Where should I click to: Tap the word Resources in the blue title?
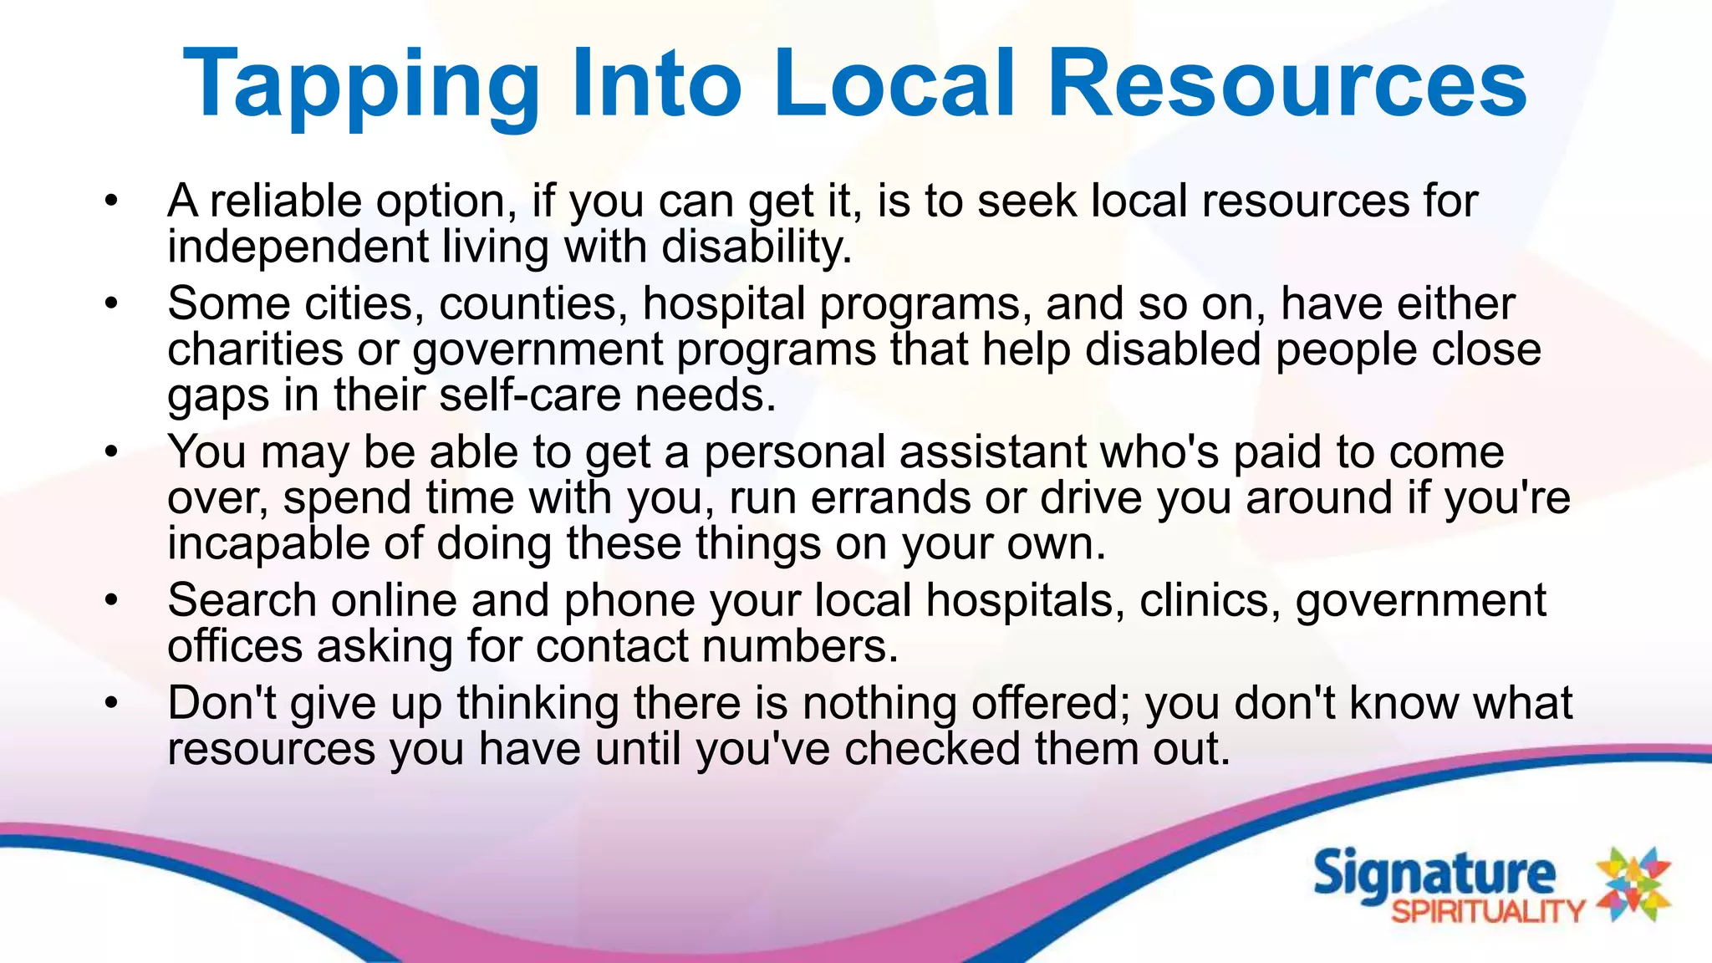click(x=1287, y=84)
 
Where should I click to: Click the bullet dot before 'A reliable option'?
click(x=112, y=201)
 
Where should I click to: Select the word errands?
click(x=889, y=498)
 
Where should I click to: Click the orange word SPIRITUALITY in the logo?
click(x=1487, y=911)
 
